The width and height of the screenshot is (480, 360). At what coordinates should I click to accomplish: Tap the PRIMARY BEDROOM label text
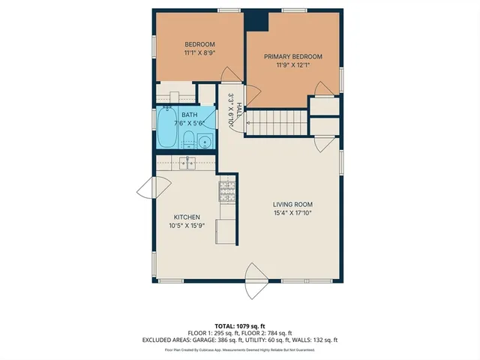(x=292, y=56)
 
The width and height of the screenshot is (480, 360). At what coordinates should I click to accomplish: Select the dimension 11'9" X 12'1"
(x=292, y=65)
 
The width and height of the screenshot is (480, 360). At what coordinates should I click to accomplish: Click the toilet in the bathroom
(x=189, y=139)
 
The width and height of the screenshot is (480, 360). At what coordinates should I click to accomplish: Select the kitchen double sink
(x=185, y=163)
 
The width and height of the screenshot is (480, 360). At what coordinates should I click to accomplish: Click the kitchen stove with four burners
(x=227, y=191)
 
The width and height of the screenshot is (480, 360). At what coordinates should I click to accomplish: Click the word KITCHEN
(x=187, y=217)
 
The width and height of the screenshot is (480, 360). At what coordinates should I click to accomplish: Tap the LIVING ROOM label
(x=292, y=205)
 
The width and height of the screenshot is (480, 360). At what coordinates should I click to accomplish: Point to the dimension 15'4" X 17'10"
(x=292, y=214)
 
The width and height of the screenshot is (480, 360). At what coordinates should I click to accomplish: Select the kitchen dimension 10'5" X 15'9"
(x=187, y=226)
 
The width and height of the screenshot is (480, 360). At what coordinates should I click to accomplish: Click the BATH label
(x=190, y=115)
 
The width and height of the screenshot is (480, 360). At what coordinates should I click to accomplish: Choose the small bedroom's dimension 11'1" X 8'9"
(x=199, y=53)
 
